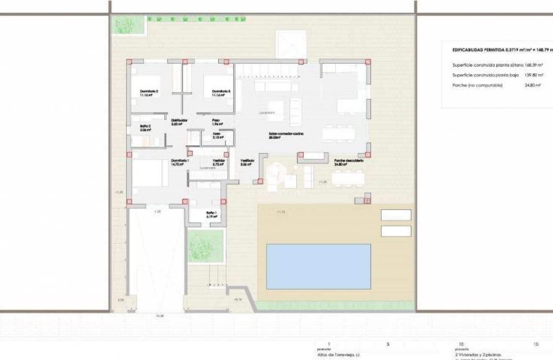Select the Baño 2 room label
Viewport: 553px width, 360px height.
pos(145,127)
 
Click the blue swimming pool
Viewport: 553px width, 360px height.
pos(318,267)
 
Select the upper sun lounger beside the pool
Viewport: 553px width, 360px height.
pos(396,215)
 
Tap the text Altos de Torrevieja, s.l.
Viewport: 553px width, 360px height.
pos(336,355)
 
